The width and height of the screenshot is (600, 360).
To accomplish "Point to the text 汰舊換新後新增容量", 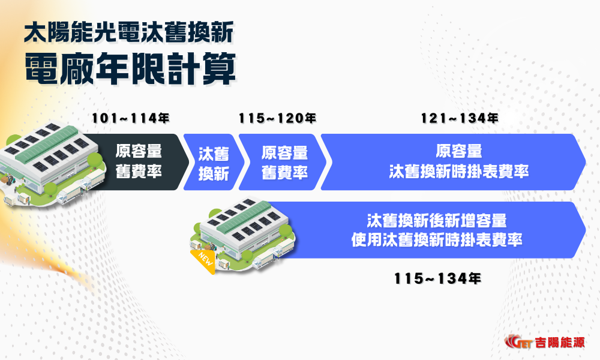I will [440, 220].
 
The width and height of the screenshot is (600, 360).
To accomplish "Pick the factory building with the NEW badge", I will [246, 231].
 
